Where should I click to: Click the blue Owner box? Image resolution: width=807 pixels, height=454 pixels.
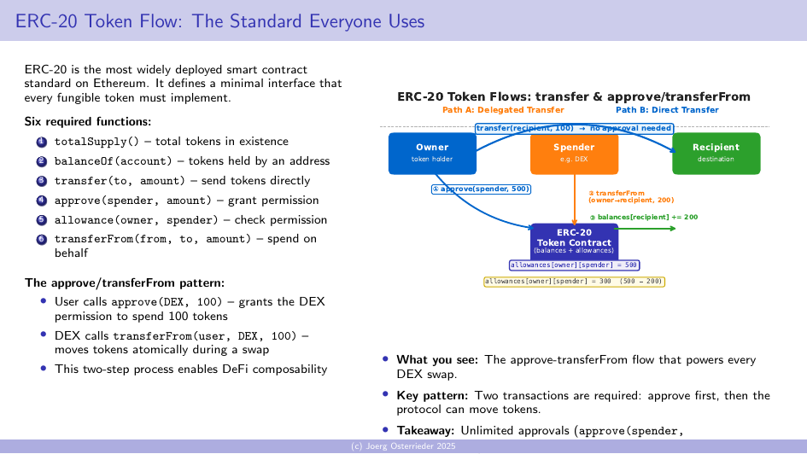pos(431,154)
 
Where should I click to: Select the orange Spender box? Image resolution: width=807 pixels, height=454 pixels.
pos(573,154)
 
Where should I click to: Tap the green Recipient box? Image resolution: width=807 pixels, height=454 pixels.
pos(716,154)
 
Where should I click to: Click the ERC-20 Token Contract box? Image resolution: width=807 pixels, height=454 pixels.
pos(573,242)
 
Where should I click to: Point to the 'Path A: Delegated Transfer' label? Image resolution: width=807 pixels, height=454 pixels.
pos(503,110)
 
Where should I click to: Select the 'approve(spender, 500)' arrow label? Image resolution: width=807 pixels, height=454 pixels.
pos(482,189)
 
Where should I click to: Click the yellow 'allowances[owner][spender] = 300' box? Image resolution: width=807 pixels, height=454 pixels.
pos(574,282)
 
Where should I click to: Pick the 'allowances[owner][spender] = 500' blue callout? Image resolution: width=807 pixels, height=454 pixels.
pos(574,265)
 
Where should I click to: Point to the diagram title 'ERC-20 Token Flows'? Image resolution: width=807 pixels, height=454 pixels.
pos(574,96)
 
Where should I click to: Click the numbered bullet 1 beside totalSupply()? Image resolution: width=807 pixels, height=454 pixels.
pos(41,142)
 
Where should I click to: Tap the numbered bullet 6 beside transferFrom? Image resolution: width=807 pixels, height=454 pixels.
pos(41,240)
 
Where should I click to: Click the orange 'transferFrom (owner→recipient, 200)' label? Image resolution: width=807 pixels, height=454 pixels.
pos(623,197)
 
